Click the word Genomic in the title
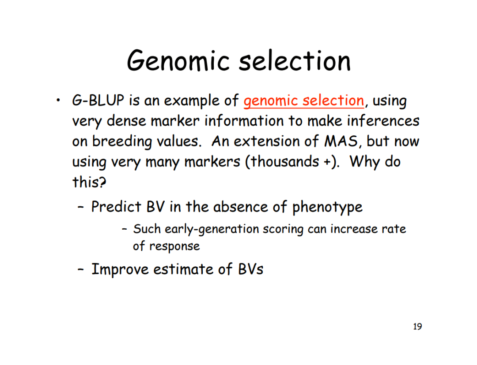[178, 61]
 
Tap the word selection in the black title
[295, 61]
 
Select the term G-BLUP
[98, 100]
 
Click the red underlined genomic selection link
[303, 101]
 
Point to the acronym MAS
[341, 141]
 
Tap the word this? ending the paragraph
[89, 182]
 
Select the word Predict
[116, 207]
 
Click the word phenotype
[327, 208]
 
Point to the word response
[174, 246]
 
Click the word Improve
[120, 269]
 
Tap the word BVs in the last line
[251, 269]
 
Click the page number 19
[417, 327]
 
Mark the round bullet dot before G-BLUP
[58, 100]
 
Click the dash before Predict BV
[81, 208]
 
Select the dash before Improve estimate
[81, 270]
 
